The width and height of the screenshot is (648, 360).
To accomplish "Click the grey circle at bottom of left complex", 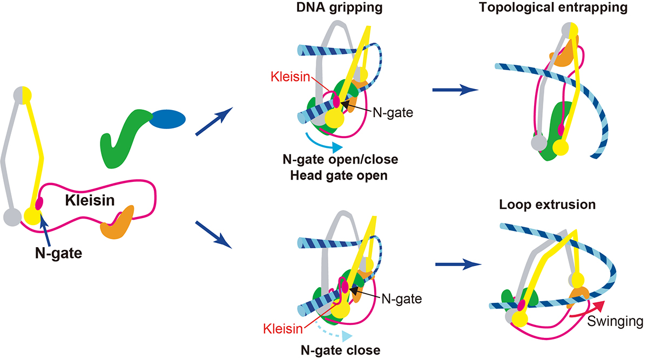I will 12,217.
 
